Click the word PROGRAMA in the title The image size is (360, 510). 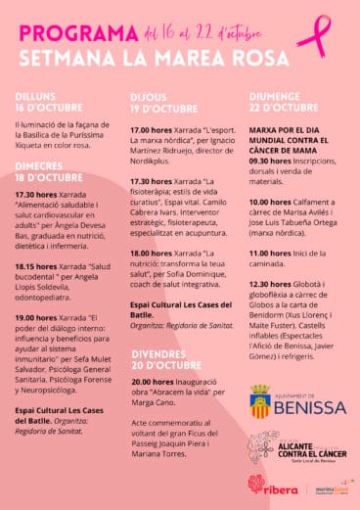pos(79,31)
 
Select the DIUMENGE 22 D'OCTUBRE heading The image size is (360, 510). pos(286,101)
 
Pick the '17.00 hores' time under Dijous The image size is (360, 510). pos(152,130)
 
